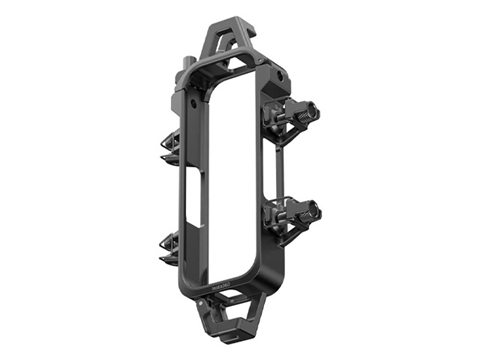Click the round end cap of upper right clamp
(x=315, y=110)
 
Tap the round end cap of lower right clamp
(x=315, y=210)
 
